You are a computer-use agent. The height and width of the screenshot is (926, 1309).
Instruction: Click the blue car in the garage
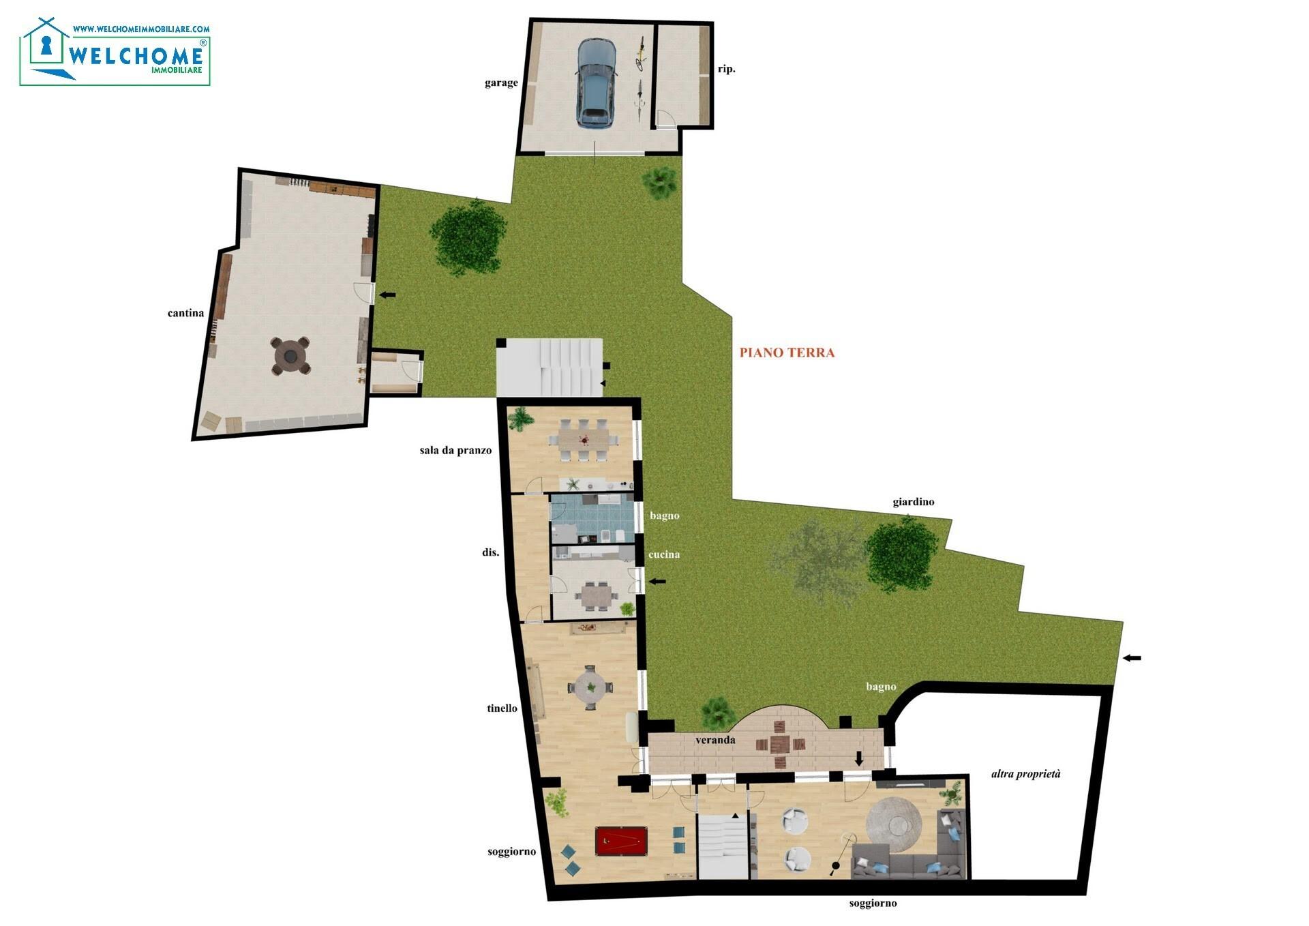click(x=597, y=83)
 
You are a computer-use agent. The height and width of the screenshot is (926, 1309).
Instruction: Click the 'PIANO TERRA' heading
click(x=787, y=353)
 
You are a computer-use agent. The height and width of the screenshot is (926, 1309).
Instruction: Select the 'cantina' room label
click(x=185, y=313)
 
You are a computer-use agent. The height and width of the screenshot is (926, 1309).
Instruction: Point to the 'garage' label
click(x=501, y=83)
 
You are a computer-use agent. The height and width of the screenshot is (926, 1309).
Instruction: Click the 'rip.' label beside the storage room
click(x=727, y=69)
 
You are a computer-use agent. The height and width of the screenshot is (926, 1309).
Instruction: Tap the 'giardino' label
click(x=914, y=502)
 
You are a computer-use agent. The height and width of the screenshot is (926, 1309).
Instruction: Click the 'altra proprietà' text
click(x=1026, y=774)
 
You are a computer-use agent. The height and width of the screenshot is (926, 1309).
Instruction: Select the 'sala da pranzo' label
click(x=455, y=451)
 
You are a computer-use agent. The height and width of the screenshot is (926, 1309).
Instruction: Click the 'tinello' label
click(x=502, y=708)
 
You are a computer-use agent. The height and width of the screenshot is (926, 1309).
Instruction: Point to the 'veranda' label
click(x=715, y=740)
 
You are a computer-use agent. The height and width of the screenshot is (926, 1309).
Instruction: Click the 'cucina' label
click(x=664, y=554)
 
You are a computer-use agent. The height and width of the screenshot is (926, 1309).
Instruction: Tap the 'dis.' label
click(x=490, y=552)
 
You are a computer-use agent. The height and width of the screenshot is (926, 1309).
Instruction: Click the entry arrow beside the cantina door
click(x=387, y=295)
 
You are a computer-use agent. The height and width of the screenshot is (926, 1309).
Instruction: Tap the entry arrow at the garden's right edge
click(x=1132, y=658)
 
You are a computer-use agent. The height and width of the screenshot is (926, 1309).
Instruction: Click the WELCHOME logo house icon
click(x=46, y=48)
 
